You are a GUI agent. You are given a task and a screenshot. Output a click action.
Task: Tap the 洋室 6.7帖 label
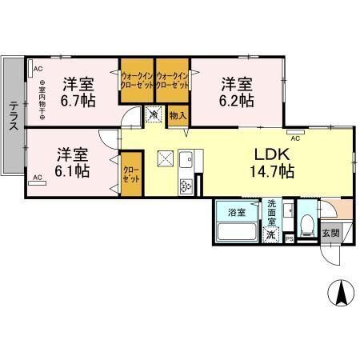[77, 92]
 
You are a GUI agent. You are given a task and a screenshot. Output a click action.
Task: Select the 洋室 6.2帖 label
[238, 92]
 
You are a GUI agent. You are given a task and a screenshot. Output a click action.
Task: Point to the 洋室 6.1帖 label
[72, 161]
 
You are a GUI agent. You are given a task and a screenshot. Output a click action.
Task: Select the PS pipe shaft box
[290, 238]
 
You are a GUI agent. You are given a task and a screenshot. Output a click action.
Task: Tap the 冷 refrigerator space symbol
[154, 116]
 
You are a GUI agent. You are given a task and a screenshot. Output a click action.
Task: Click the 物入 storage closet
[178, 116]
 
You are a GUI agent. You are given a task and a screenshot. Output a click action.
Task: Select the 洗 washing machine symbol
[272, 234]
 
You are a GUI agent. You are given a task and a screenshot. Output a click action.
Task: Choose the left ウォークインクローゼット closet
[137, 81]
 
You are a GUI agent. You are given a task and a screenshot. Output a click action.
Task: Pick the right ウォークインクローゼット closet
[172, 81]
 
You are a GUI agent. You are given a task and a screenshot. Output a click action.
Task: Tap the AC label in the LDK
[295, 138]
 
